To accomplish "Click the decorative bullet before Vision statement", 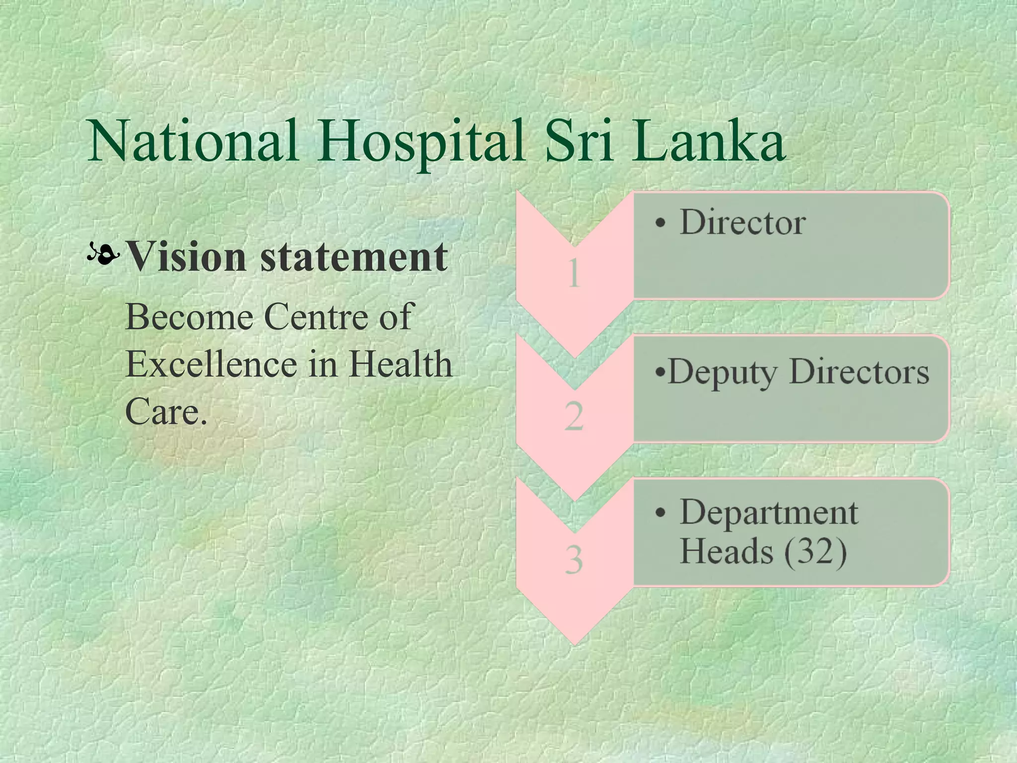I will pyautogui.click(x=103, y=254).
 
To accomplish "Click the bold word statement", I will pyautogui.click(x=354, y=257).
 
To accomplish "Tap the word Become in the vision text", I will pyautogui.click(x=189, y=316).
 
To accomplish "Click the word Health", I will pyautogui.click(x=400, y=364).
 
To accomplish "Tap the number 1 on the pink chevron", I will pyautogui.click(x=574, y=273).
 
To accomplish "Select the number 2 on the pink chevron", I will pyautogui.click(x=574, y=416).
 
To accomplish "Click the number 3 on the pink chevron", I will pyautogui.click(x=574, y=559).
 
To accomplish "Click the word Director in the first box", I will pyautogui.click(x=743, y=222).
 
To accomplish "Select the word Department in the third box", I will pyautogui.click(x=769, y=512).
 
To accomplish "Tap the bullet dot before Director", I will pyautogui.click(x=659, y=224).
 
